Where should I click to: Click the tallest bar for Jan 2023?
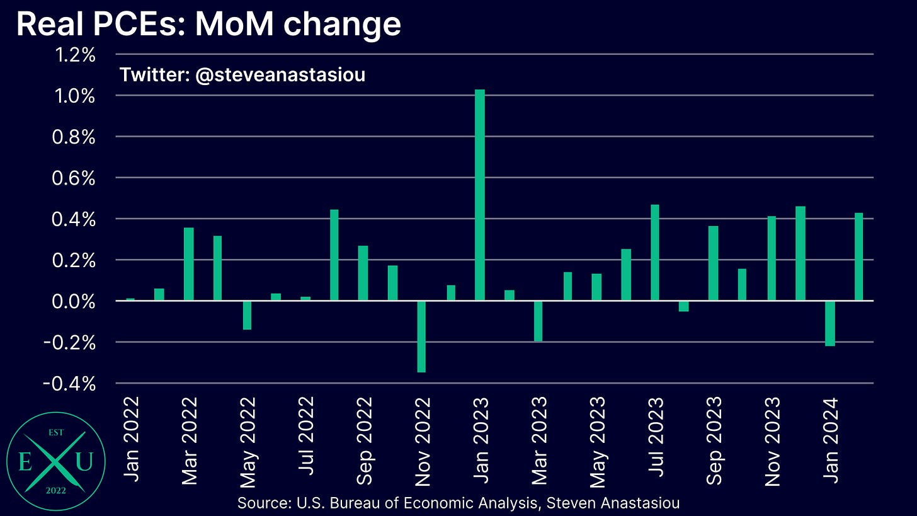480,195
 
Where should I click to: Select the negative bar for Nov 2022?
421,336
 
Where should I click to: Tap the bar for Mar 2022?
189,264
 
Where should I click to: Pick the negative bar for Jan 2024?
830,323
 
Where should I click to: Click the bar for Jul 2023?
655,253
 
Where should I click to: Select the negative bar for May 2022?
247,315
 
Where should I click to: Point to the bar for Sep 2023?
713,263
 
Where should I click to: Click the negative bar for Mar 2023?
538,321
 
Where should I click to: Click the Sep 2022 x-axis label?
365,441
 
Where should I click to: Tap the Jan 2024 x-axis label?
831,441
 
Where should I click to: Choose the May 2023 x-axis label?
598,441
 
